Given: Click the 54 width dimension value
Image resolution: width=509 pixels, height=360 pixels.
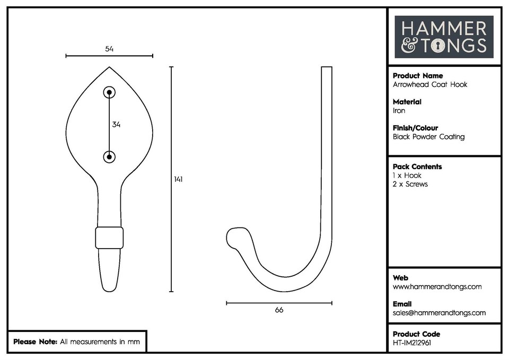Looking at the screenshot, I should (109, 49).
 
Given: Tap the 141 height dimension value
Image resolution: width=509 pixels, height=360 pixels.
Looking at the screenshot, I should (178, 179).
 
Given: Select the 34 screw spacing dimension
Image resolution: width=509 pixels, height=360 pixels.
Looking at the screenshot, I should (116, 125).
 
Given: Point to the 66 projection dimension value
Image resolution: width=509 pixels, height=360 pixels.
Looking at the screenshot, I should (279, 310).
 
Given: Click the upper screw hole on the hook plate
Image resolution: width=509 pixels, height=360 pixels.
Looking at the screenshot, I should (109, 93).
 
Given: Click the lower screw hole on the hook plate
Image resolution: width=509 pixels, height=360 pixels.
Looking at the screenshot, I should (109, 156).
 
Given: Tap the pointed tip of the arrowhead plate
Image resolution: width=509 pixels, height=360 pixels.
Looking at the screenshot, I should (110, 68).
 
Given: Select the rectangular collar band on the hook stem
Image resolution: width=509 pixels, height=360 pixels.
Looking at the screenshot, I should (109, 238).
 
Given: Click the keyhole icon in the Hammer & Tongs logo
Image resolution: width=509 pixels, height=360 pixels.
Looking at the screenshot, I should (437, 46).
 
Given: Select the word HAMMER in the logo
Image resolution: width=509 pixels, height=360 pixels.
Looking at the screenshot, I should (443, 29).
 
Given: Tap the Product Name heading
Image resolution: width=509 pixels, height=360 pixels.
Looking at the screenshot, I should (417, 76).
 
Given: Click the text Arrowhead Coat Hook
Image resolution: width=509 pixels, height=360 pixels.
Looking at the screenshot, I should (429, 84).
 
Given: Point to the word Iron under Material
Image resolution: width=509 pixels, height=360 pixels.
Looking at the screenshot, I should (399, 111).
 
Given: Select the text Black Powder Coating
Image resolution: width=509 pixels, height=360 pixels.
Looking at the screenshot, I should (428, 137).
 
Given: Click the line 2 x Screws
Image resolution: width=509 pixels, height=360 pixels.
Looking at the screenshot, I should (410, 184).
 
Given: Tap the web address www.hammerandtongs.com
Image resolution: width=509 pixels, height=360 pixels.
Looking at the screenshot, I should (437, 287).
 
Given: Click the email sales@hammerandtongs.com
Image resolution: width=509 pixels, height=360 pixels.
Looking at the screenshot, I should (439, 313).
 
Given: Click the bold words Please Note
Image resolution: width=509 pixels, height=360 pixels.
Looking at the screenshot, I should (35, 342).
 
